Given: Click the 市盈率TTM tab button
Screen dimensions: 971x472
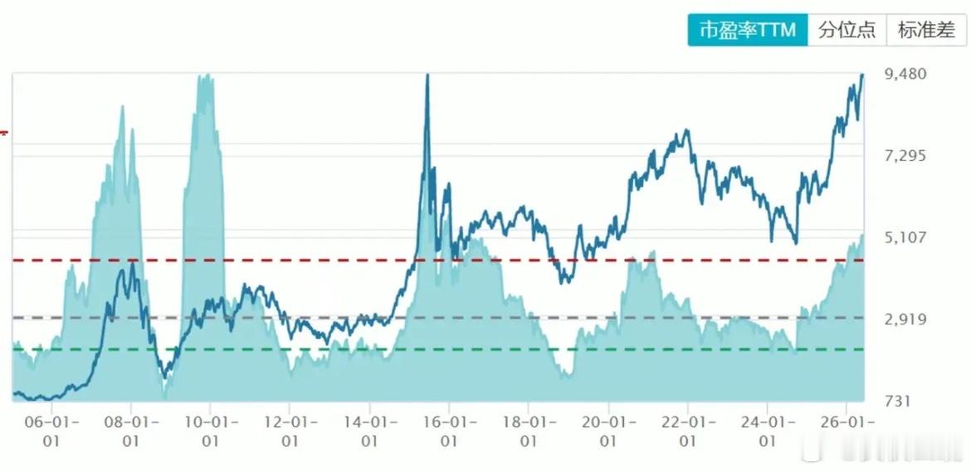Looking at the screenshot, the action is (x=748, y=31).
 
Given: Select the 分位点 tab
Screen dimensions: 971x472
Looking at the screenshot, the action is (x=847, y=31).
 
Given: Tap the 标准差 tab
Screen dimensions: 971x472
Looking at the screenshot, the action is (x=926, y=31).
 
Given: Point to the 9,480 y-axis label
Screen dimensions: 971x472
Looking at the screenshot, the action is (x=906, y=74).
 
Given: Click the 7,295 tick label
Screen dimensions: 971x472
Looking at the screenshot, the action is (x=906, y=156).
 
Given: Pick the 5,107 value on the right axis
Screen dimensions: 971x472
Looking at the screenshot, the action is (x=906, y=237).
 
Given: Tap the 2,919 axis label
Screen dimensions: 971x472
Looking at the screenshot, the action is (x=906, y=319).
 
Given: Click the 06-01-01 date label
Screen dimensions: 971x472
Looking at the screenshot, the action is (x=52, y=432).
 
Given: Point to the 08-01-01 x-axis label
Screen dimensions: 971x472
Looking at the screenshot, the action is (x=131, y=432).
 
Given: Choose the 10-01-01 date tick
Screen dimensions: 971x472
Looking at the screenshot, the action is (x=211, y=432).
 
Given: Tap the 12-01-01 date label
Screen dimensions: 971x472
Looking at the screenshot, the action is (x=290, y=432).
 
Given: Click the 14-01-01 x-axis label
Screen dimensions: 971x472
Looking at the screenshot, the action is (x=369, y=432).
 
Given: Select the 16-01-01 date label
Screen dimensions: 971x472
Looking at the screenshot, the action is (x=450, y=432).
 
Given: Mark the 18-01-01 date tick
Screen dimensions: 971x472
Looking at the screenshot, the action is (x=529, y=432).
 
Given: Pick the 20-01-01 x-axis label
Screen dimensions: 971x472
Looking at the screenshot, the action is (x=608, y=432).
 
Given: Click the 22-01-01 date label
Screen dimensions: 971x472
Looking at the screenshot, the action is (x=688, y=432).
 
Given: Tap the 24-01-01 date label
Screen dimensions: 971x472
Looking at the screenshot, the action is (x=768, y=432).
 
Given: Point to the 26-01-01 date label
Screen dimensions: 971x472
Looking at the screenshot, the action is (x=847, y=432).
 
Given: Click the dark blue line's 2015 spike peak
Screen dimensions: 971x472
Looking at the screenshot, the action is (x=427, y=75).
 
